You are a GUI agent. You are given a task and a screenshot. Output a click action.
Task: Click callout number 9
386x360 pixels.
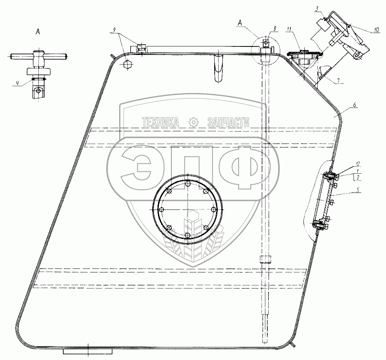pyautogui.click(x=114, y=30)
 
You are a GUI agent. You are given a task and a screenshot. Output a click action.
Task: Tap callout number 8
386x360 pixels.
pyautogui.click(x=274, y=29)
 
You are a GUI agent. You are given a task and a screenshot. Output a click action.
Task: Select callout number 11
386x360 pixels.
pyautogui.click(x=289, y=29)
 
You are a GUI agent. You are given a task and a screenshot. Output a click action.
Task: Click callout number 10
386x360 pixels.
pyautogui.click(x=376, y=30)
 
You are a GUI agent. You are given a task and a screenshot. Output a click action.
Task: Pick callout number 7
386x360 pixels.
pyautogui.click(x=338, y=80)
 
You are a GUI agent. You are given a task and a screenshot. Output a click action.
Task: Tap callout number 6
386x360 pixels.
pyautogui.click(x=354, y=105)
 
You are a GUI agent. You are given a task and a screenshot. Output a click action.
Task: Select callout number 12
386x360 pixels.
pyautogui.click(x=357, y=163)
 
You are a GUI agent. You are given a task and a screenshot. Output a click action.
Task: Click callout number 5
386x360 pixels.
pyautogui.click(x=358, y=189)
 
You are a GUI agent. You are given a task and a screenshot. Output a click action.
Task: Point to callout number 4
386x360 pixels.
pyautogui.click(x=17, y=83)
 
